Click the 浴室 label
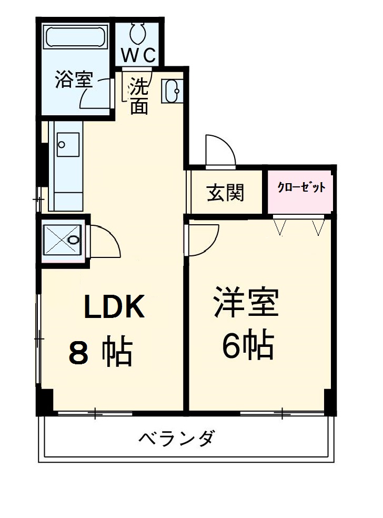tap(74, 81)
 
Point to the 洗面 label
tap(139, 96)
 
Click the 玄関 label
tap(225, 193)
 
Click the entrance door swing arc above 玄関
tap(220, 150)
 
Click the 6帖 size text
tap(247, 345)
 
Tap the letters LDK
tap(115, 307)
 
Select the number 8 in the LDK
tap(79, 353)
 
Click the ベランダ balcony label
tap(177, 438)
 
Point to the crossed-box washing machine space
tap(62, 240)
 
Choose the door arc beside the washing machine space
tap(105, 242)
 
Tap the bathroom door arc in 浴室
tap(98, 93)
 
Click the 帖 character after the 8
tap(116, 352)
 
